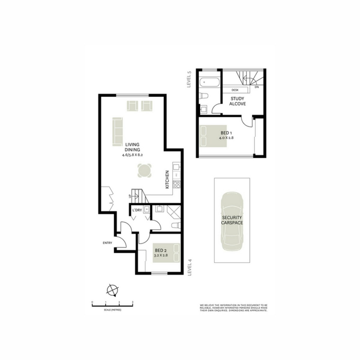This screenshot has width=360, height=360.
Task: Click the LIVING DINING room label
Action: pos(132,147)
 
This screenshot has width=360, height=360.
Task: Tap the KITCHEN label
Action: pos(167,179)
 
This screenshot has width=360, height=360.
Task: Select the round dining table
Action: pos(145,171)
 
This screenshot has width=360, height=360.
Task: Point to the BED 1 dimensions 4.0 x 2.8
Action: pos(226,138)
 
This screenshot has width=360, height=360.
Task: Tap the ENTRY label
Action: pos(107,243)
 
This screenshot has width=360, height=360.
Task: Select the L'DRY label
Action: pos(137,210)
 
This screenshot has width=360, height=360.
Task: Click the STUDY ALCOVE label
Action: pos(238,101)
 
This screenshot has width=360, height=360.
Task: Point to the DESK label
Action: pos(235,90)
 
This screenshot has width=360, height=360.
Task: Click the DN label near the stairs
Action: pos(256,87)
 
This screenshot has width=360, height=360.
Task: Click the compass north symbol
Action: pos(112,289)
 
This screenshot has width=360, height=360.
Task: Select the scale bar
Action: pos(112,306)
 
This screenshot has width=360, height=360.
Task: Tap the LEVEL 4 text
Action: pos(189,267)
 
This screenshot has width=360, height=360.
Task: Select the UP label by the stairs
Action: pos(130,196)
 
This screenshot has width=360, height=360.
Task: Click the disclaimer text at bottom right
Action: pos(233,308)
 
